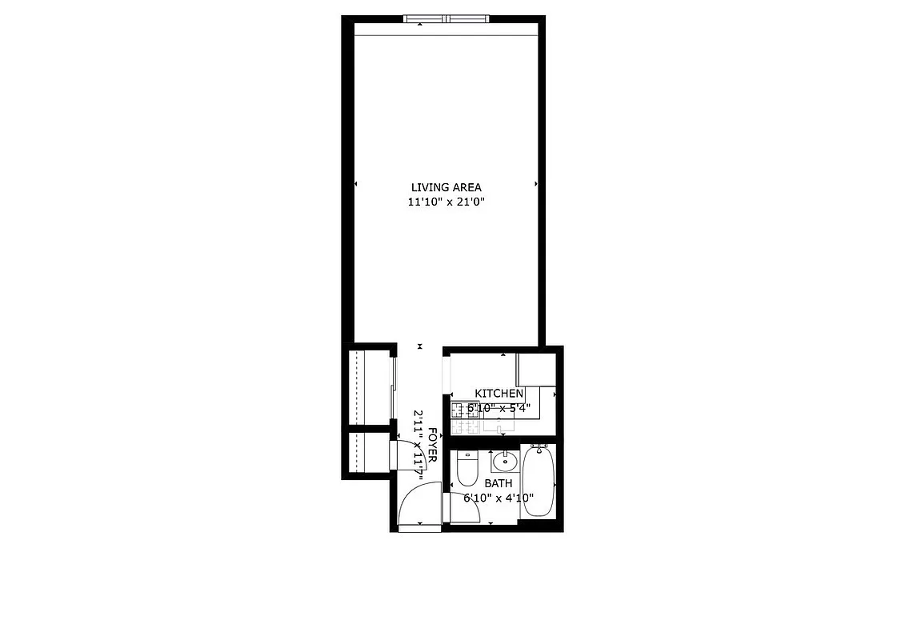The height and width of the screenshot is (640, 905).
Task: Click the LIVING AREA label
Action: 446,187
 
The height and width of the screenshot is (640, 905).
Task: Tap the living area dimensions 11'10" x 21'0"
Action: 446,202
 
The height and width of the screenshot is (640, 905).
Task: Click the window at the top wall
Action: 446,18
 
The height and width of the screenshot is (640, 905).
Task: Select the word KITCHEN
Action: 499,394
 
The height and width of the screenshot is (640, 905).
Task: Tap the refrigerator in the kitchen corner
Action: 535,369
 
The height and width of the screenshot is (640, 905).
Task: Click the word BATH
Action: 498,484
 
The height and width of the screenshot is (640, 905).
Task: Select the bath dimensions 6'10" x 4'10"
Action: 498,498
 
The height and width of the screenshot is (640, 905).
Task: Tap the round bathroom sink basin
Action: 505,462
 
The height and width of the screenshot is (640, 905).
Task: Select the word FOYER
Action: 433,446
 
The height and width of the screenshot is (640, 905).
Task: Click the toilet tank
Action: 466,457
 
